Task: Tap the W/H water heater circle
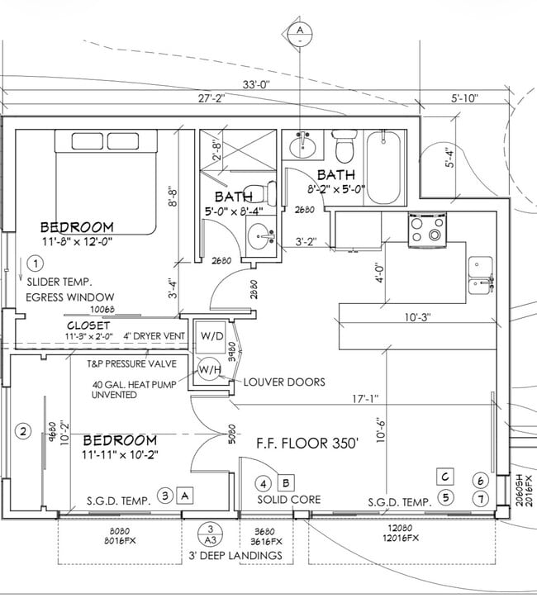(207, 370)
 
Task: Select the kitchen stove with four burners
(427, 229)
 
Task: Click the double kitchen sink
(481, 275)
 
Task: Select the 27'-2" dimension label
(212, 99)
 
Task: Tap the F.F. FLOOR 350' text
(306, 443)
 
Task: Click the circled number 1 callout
(34, 264)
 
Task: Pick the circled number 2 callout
(24, 430)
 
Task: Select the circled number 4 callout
(264, 483)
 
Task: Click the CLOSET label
(88, 325)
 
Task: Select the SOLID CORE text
(288, 501)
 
